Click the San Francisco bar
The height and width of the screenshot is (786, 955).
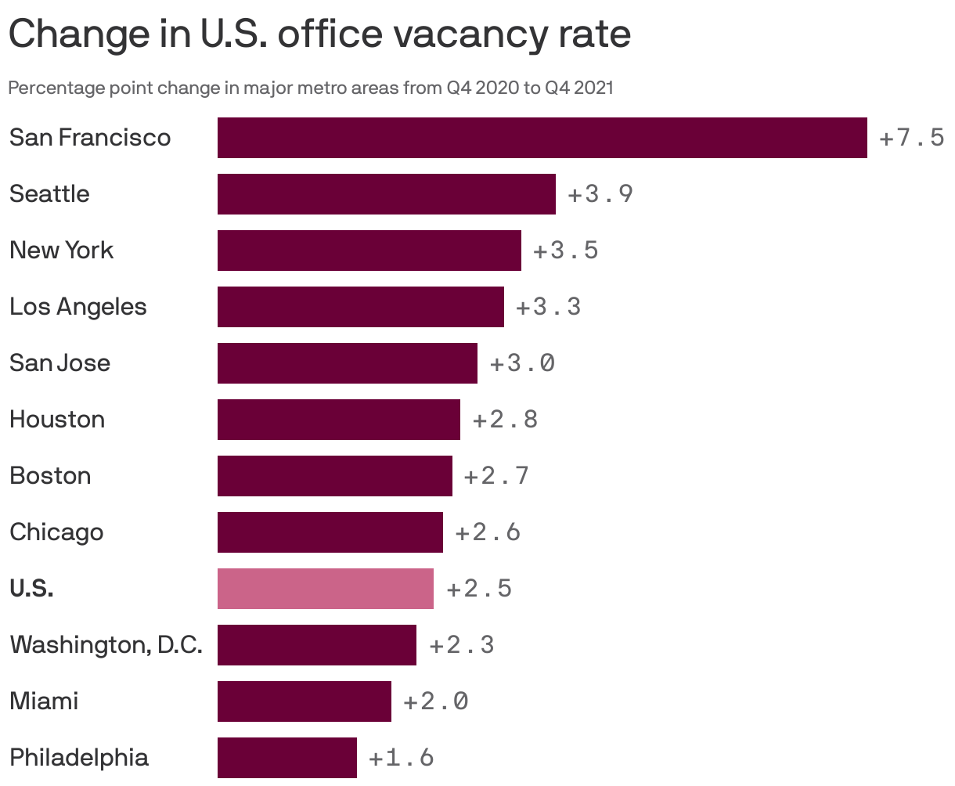[542, 138]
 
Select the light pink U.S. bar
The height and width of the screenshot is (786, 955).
[325, 589]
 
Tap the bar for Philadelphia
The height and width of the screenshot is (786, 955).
[286, 758]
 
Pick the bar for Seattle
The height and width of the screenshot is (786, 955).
[386, 194]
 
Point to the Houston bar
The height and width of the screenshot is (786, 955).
[338, 420]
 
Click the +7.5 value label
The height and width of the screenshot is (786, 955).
[911, 139]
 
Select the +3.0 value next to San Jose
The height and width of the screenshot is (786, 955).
[522, 363]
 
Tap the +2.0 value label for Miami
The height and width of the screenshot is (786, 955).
[436, 701]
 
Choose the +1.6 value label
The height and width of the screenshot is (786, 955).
[401, 758]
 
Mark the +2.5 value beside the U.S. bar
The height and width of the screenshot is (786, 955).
[479, 589]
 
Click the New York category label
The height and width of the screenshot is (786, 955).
[61, 251]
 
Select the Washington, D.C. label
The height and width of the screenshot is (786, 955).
[106, 645]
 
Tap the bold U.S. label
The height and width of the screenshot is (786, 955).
[31, 589]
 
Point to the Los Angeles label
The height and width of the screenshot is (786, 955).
[77, 307]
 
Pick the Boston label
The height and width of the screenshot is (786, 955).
[50, 476]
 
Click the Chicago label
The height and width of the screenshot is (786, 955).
[56, 532]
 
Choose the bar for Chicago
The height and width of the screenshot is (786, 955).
[330, 532]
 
